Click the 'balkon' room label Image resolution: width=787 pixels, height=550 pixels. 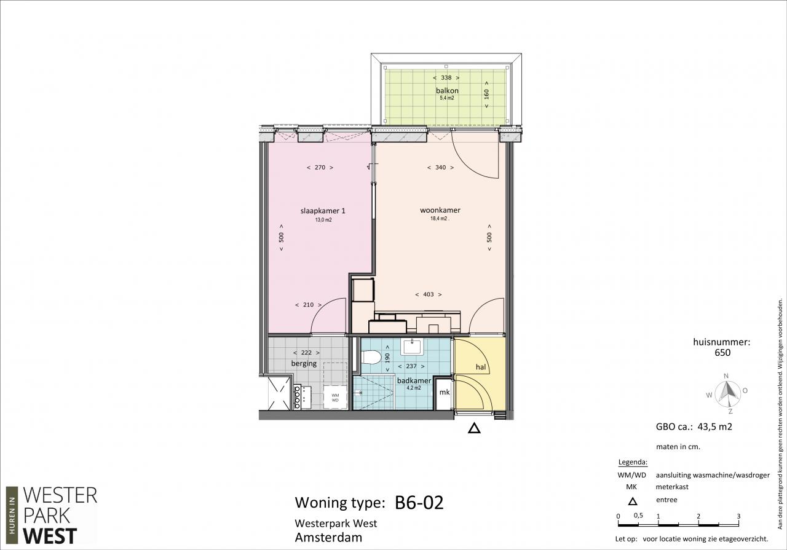click(447, 90)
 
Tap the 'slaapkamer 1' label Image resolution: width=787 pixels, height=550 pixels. click(323, 211)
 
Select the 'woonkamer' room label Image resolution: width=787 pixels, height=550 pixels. click(440, 210)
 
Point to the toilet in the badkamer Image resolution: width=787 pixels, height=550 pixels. click(371, 358)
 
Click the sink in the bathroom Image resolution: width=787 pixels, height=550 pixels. click(413, 347)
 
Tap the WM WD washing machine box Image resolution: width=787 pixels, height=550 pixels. click(335, 398)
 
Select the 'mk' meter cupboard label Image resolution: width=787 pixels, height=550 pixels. click(445, 392)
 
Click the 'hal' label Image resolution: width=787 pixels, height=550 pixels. click(481, 367)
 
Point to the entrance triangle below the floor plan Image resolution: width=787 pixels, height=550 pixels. click(474, 428)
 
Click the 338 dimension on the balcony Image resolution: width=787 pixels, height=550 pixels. click(446, 77)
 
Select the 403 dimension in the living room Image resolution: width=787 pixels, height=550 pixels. click(429, 294)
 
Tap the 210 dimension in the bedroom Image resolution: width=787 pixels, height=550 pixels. click(308, 305)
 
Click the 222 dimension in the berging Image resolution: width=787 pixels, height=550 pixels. click(306, 353)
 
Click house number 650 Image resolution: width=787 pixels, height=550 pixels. click(722, 353)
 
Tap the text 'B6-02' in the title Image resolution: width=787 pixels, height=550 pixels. click(419, 502)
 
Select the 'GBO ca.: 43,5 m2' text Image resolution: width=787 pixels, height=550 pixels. click(694, 426)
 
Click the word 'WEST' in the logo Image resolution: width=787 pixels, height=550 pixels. click(50, 536)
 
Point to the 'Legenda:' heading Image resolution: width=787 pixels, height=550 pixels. click(633, 462)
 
